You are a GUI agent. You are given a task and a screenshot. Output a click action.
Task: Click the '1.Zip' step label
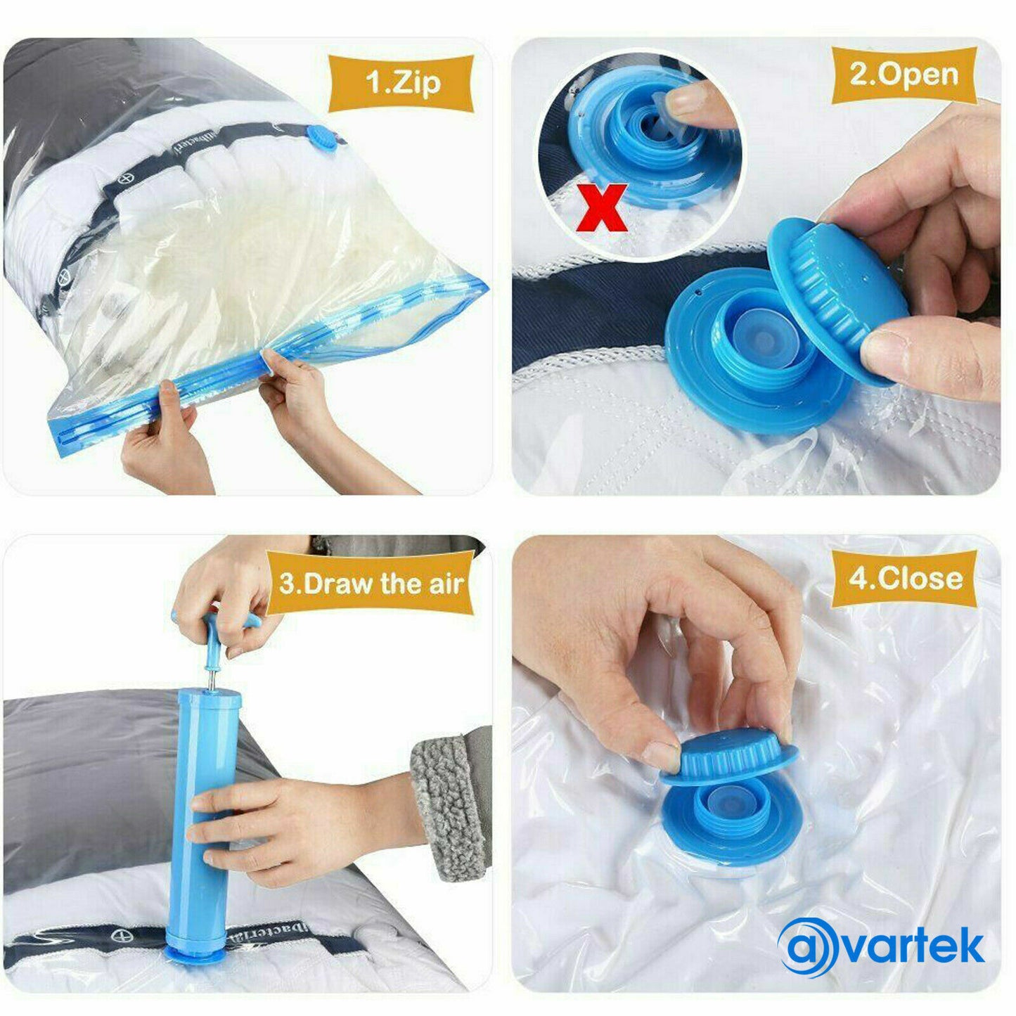(x=402, y=82)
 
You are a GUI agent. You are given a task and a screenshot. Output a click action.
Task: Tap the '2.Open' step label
(x=904, y=75)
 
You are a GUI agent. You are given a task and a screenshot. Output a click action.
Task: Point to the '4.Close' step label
(x=905, y=579)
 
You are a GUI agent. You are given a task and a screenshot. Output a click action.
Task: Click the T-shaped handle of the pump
(x=211, y=626)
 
